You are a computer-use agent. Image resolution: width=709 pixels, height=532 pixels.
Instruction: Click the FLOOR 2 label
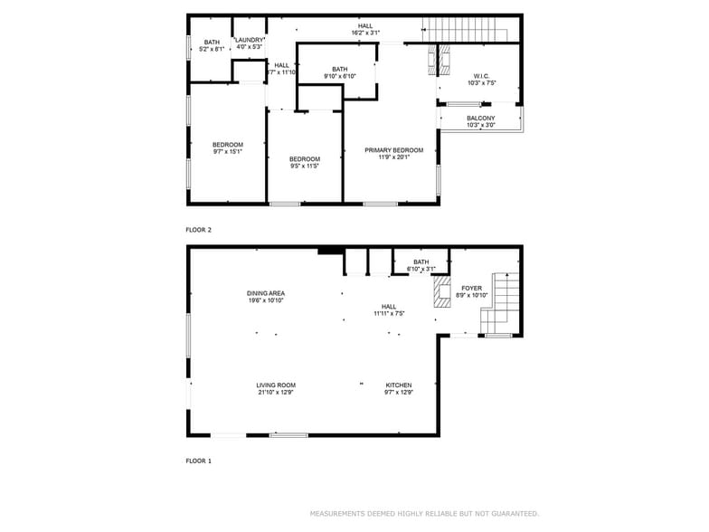(x=198, y=230)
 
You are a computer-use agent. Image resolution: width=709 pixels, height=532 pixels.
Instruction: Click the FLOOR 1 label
(x=198, y=461)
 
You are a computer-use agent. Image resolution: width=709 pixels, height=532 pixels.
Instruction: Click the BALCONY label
(x=480, y=119)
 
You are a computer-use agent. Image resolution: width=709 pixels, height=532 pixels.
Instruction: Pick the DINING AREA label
(x=265, y=293)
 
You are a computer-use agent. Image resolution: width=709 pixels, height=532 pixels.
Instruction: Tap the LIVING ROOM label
(x=275, y=385)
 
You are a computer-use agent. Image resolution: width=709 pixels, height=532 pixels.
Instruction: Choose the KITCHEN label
(x=399, y=385)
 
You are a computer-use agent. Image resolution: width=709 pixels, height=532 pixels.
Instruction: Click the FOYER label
(x=471, y=288)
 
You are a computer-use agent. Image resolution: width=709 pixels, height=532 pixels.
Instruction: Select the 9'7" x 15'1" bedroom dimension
(x=228, y=152)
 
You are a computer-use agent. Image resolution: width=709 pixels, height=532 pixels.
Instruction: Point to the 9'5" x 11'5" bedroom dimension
(x=305, y=166)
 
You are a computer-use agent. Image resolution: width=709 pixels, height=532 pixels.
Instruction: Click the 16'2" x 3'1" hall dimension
(x=364, y=33)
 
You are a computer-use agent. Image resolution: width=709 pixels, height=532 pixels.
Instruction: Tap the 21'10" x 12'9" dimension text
(x=275, y=393)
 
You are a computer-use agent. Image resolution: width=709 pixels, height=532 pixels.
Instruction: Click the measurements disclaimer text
(x=424, y=513)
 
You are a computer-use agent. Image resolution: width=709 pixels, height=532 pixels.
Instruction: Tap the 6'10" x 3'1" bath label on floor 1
(x=421, y=269)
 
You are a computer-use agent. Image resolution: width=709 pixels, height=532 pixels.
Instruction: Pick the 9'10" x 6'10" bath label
(x=339, y=76)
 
